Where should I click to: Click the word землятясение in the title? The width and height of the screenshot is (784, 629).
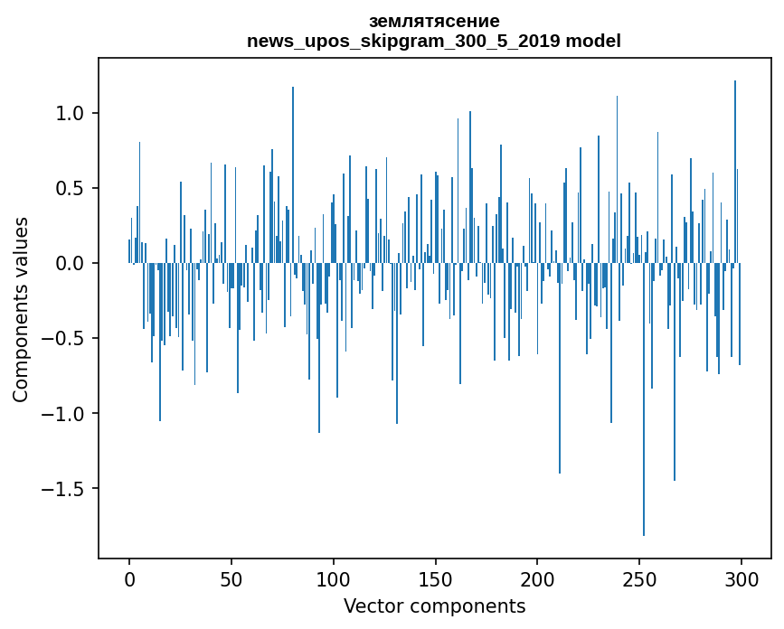pos(434,21)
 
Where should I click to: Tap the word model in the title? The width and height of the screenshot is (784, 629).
pos(594,42)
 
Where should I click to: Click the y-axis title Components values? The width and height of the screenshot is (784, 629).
pos(21,309)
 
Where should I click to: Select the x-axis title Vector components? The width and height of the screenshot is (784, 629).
pos(434,606)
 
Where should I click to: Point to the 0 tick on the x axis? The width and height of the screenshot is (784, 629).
pos(129,578)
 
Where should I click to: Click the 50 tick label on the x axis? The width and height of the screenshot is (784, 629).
pos(231,578)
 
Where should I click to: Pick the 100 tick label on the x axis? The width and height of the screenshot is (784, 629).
pos(334,578)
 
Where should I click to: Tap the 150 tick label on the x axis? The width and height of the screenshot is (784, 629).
pos(435,578)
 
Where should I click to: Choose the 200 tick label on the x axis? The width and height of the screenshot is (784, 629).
pos(537,578)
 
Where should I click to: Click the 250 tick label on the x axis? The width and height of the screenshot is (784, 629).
pos(639,578)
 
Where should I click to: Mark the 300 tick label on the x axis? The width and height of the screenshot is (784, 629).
pos(741,578)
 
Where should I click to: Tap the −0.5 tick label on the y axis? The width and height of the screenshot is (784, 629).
pos(65,339)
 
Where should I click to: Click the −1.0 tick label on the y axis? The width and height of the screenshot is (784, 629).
pos(65,414)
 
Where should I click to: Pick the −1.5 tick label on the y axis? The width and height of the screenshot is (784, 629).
pos(65,489)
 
